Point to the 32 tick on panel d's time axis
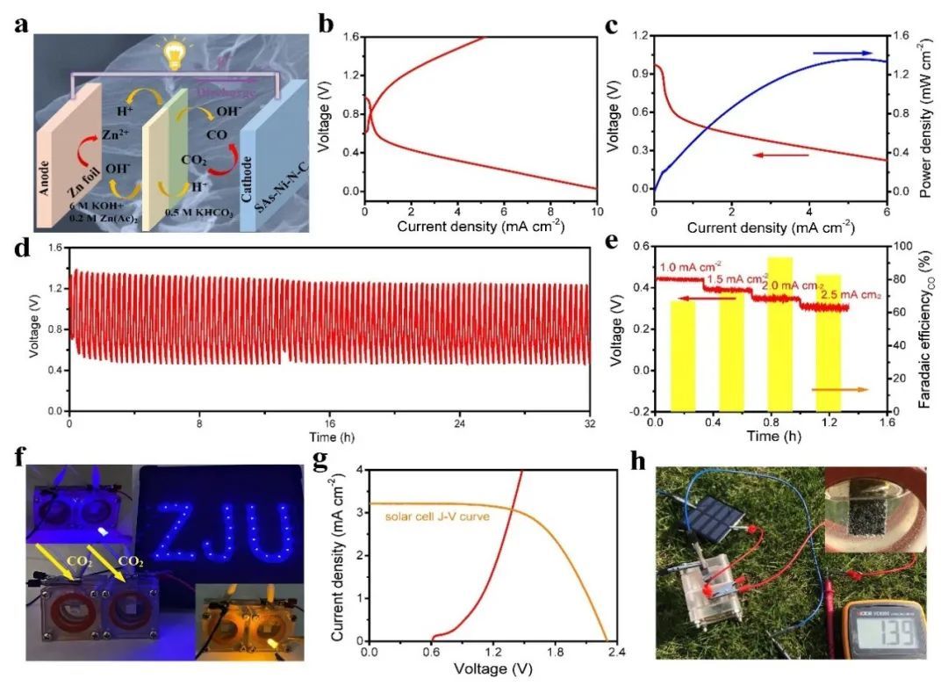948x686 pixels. click(x=590, y=423)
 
